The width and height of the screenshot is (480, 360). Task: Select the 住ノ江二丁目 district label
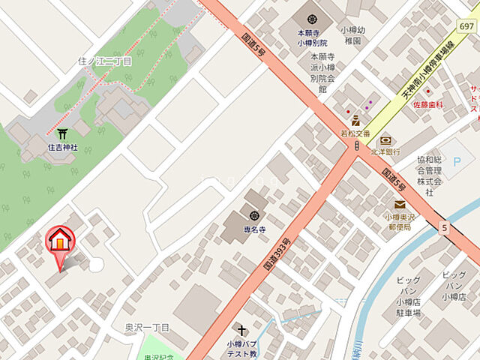[104, 61]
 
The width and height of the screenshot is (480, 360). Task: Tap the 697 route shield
[466, 27]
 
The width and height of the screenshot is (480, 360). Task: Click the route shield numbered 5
[445, 226]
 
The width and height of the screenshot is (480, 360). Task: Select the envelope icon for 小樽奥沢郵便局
[400, 204]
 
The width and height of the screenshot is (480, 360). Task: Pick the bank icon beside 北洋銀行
[385, 139]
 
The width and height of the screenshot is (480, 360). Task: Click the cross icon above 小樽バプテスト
[242, 330]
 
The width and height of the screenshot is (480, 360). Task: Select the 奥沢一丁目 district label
[148, 328]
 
